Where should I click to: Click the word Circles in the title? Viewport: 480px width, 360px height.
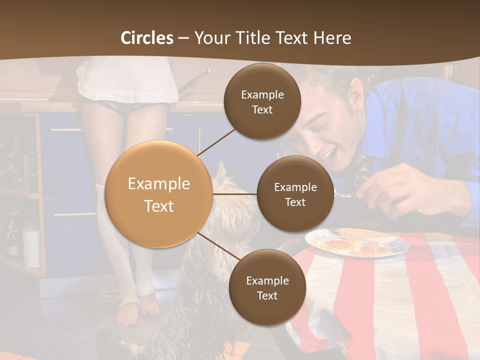coord(147,38)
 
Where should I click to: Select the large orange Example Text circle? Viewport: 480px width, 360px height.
coord(159,194)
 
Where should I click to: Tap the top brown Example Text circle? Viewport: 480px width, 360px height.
coord(262,102)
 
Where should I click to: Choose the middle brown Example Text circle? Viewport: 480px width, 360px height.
coord(295,194)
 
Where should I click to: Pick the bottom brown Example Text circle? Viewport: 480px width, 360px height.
coord(267,287)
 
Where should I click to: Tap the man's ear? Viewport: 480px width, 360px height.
coord(356,92)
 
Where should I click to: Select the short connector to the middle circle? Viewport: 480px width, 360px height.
coord(235,194)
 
